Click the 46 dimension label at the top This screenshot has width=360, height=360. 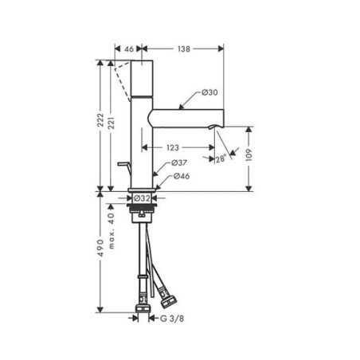click(x=129, y=49)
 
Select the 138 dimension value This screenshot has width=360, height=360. click(x=184, y=49)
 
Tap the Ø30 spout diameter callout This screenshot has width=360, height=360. click(x=209, y=92)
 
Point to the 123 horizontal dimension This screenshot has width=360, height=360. click(x=173, y=147)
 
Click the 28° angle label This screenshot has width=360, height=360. click(x=221, y=158)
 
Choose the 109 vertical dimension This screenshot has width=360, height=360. click(x=248, y=155)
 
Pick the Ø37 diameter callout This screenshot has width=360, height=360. click(x=179, y=162)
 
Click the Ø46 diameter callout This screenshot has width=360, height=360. click(x=182, y=176)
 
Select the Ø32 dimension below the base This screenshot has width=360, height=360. click(x=142, y=198)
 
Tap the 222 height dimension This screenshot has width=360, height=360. click(x=100, y=120)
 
